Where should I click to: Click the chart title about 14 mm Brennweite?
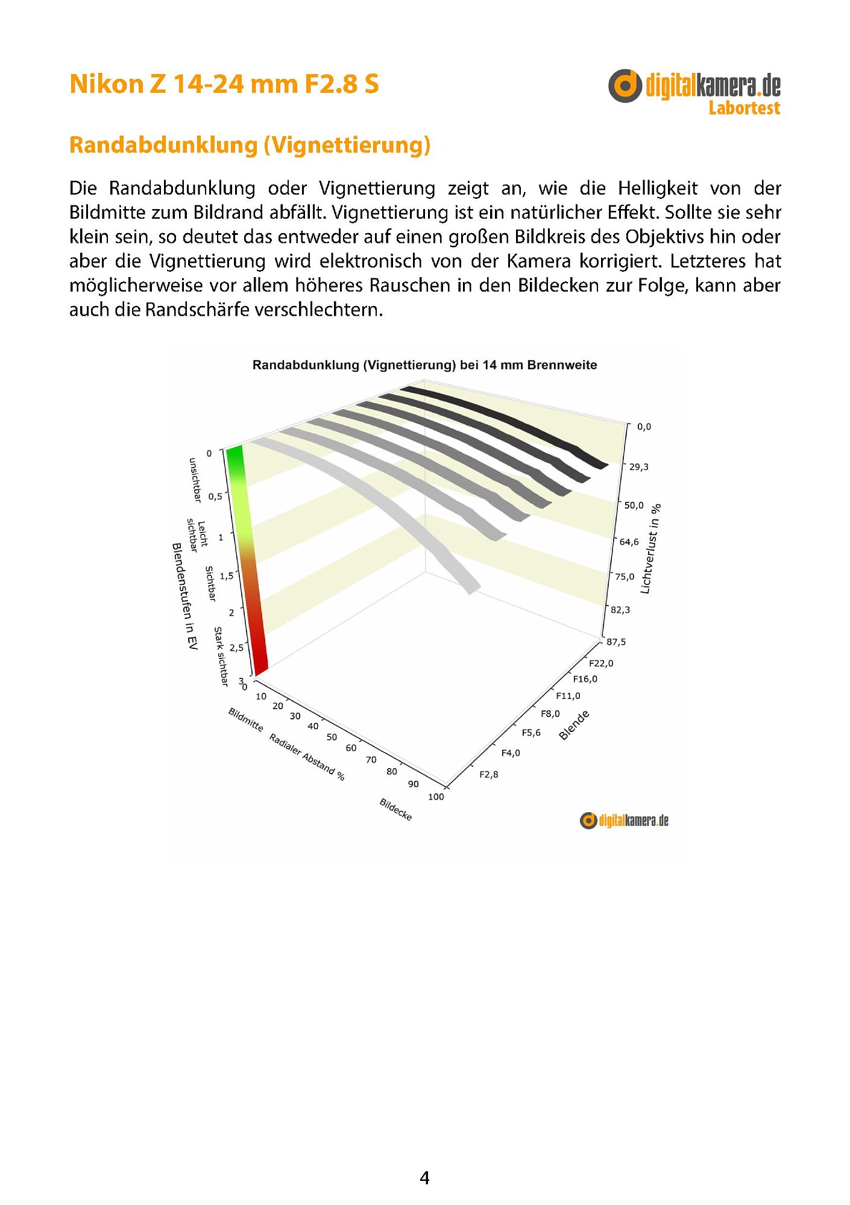click(x=424, y=365)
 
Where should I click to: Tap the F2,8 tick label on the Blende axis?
click(x=488, y=774)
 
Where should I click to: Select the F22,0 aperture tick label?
click(x=601, y=663)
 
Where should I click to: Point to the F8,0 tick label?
click(x=550, y=714)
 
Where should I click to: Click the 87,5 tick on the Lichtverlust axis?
click(x=616, y=642)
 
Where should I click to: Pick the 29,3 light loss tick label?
click(x=638, y=467)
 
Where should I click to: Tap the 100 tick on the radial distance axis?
click(x=436, y=797)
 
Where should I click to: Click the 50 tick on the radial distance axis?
click(x=332, y=737)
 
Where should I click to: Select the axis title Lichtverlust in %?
click(x=650, y=549)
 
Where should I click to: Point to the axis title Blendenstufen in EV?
click(x=184, y=596)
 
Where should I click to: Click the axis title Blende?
click(x=574, y=725)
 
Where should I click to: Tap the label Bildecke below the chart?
click(x=395, y=809)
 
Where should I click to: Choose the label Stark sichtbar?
click(x=221, y=656)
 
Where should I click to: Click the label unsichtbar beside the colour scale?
click(x=194, y=480)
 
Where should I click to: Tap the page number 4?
click(x=424, y=1178)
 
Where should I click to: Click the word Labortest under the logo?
click(x=744, y=108)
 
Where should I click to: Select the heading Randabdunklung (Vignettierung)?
click(x=250, y=145)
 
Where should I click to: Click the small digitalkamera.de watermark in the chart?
click(x=624, y=821)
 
